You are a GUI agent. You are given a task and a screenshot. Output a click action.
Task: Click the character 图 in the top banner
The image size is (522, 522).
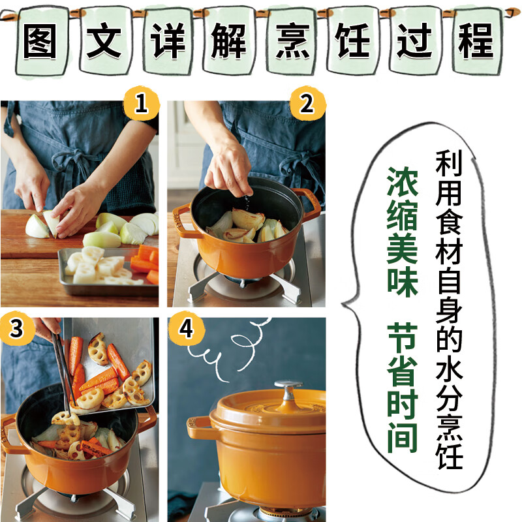coord(41,40)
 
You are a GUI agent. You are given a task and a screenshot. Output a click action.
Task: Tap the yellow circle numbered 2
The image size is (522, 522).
coord(307,104)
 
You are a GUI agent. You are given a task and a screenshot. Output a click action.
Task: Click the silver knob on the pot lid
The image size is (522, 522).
coord(288,390)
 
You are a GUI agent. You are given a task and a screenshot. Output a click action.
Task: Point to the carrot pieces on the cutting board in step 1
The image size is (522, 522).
coord(145,258)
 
